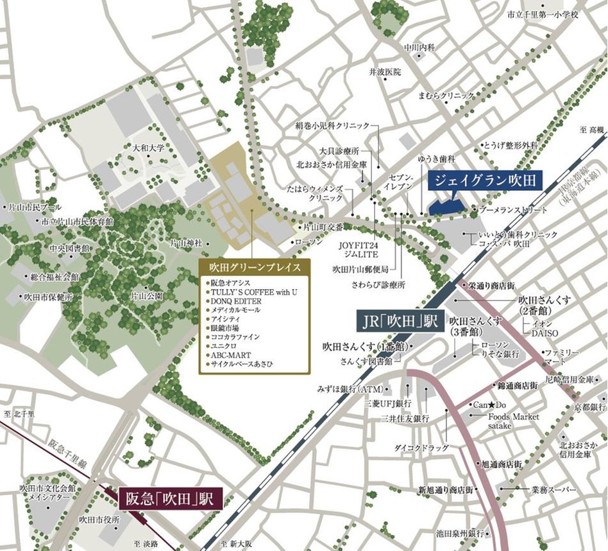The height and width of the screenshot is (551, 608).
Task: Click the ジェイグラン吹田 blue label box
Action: point(485,180)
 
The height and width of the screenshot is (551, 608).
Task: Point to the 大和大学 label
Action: point(148,148)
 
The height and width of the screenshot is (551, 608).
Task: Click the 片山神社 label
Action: point(186,243)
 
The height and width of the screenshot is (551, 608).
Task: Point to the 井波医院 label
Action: point(385,72)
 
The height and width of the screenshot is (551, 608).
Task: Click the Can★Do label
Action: point(490,405)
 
